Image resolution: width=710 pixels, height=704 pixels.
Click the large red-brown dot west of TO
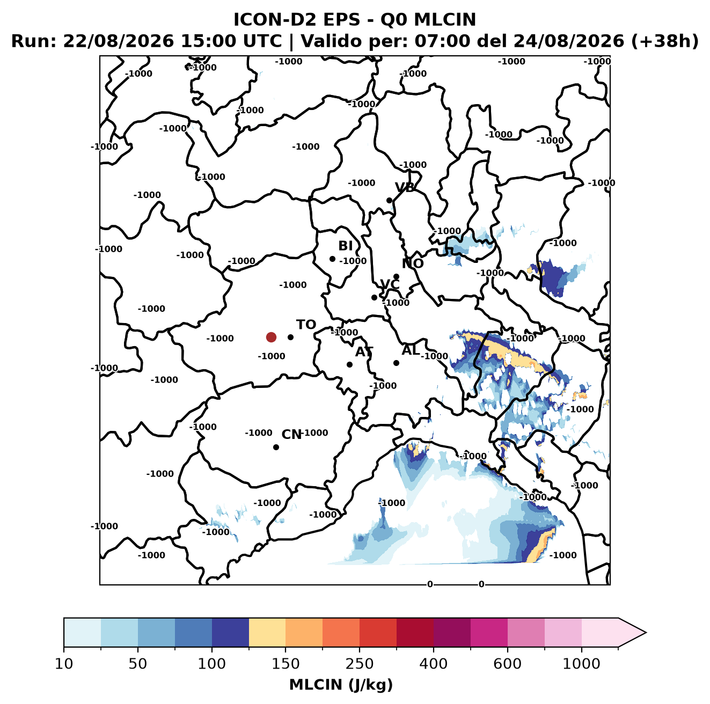point(271,337)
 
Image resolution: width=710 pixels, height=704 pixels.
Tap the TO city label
point(306,325)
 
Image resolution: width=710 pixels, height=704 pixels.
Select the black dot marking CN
point(276,447)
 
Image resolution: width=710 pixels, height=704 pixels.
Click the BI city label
point(345,245)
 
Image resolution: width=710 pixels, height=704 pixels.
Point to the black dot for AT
point(349,364)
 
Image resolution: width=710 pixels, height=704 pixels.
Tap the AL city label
point(411,350)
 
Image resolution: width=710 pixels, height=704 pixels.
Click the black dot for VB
point(389,200)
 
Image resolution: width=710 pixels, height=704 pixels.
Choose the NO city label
point(412,263)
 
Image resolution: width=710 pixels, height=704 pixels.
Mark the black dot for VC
point(374,297)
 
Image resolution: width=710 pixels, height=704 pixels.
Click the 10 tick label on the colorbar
point(64,664)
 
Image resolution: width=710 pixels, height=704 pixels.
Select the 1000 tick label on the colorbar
point(581,664)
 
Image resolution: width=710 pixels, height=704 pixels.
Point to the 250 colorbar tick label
point(359,664)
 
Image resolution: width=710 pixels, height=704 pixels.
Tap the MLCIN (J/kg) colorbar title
point(341,685)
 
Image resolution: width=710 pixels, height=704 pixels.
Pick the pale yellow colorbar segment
point(267,633)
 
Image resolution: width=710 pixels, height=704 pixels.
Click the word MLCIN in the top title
point(445,19)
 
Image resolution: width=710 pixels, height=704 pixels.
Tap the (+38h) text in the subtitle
point(665,41)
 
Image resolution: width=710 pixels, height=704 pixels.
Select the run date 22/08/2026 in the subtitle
point(118,41)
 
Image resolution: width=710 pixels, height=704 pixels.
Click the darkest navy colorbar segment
point(230,633)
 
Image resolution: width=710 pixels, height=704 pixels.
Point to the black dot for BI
point(332,259)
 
